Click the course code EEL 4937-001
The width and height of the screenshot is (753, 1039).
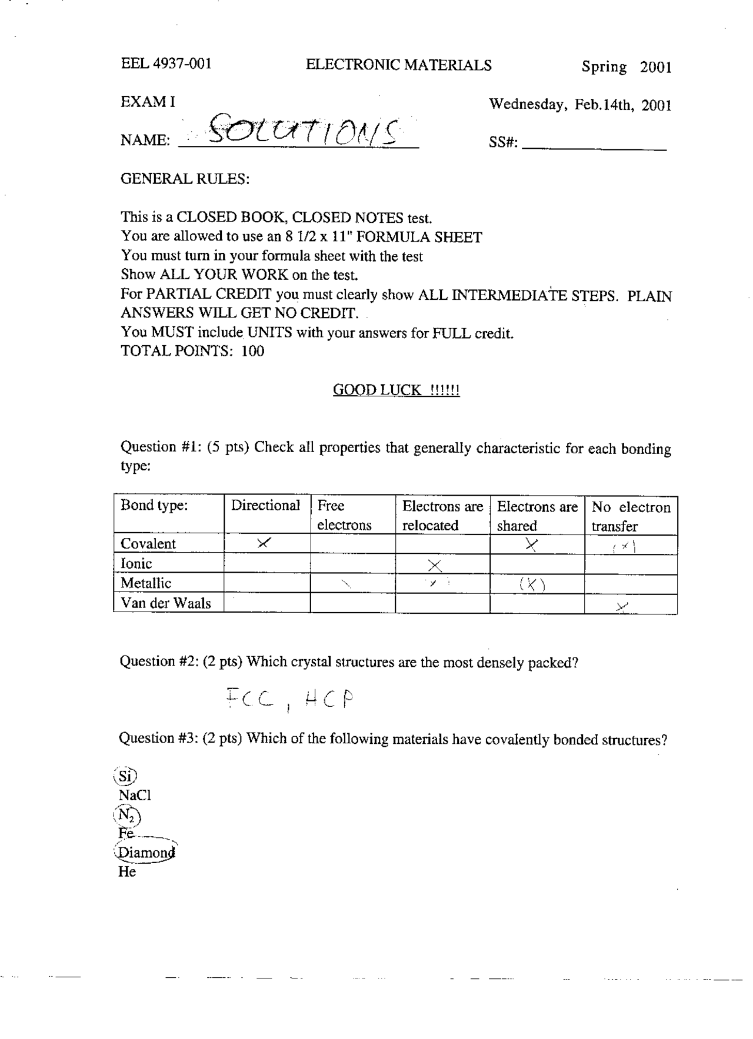[166, 64]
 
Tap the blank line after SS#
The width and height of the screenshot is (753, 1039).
[594, 144]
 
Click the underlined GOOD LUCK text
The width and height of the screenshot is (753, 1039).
[396, 390]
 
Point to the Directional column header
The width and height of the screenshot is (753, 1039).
[265, 506]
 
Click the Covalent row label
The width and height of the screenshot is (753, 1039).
[148, 544]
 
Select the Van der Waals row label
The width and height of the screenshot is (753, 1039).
[166, 603]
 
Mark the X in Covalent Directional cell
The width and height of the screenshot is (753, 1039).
[264, 543]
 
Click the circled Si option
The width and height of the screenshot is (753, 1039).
[125, 776]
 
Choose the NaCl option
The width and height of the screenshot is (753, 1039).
[135, 796]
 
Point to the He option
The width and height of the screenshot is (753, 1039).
[127, 872]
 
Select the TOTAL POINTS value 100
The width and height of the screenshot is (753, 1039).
[253, 351]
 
